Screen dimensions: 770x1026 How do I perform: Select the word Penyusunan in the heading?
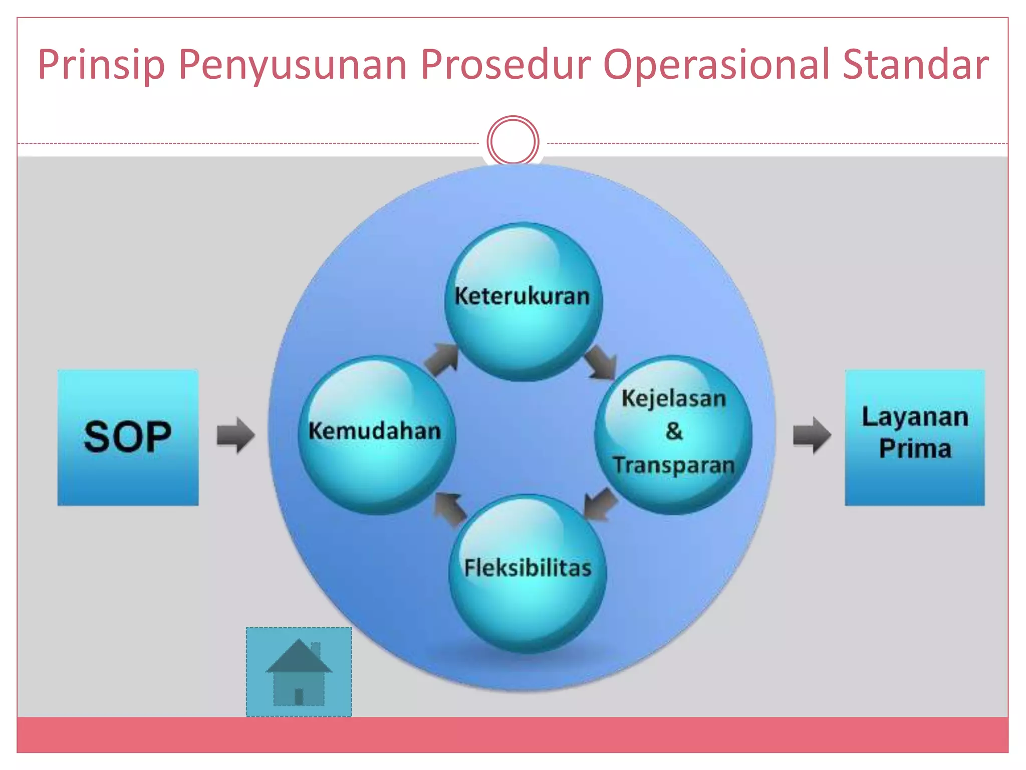pos(293,65)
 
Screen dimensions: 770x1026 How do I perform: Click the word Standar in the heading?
pos(915,65)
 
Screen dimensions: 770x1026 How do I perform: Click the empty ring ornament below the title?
pos(512,141)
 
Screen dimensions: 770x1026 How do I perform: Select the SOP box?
pos(128,437)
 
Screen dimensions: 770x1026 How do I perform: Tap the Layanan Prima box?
pos(914,437)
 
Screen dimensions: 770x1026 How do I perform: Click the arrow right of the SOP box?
pos(235,435)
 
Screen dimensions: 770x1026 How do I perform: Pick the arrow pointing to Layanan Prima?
pos(812,435)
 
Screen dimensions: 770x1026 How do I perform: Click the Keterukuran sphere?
pos(523,301)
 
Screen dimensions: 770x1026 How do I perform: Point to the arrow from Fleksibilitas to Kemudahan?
pos(450,508)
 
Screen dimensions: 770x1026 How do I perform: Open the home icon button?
pos(299,672)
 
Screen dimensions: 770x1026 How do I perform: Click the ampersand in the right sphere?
pos(674,431)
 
